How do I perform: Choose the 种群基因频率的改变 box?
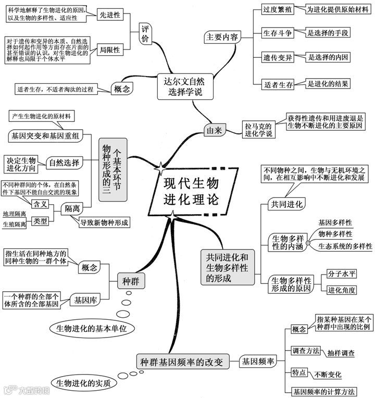182,361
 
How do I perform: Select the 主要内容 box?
222,38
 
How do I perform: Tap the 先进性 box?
109,15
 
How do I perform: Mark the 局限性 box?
109,50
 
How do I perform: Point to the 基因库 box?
84,300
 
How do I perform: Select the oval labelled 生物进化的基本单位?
92,329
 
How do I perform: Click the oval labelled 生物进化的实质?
91,384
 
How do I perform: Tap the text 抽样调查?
342,354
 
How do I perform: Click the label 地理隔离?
14,214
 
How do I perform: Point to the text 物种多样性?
335,233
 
